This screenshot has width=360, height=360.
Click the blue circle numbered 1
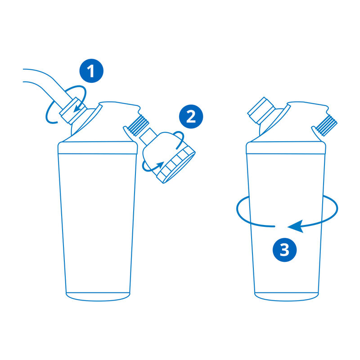pyautogui.click(x=91, y=72)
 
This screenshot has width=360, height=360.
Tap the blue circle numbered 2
pyautogui.click(x=191, y=117)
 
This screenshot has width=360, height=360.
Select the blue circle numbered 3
pyautogui.click(x=285, y=249)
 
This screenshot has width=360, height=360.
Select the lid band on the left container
pyautogui.click(x=98, y=148)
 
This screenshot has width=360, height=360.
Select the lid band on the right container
pyautogui.click(x=286, y=148)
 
